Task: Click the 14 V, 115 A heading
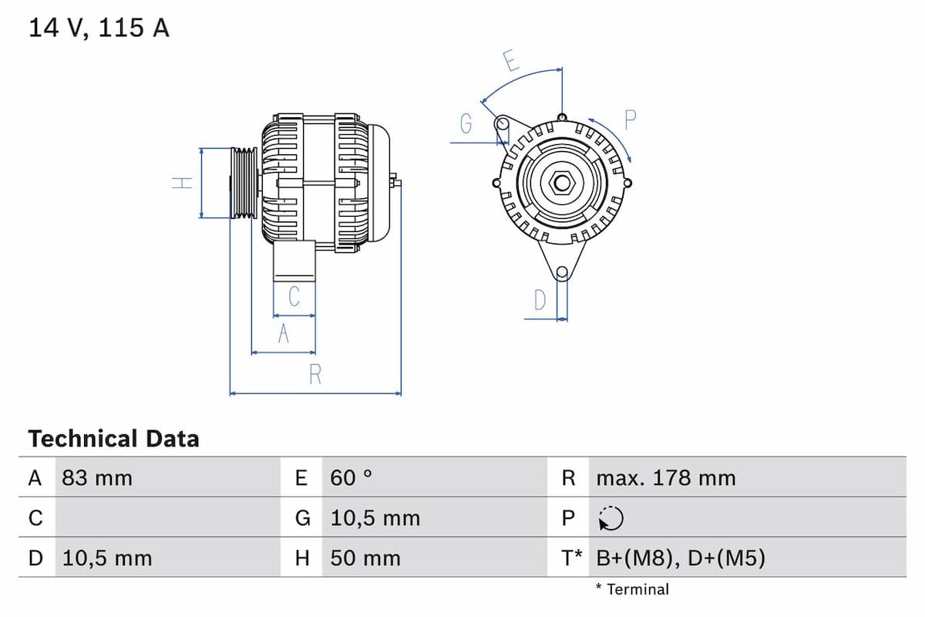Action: point(99,29)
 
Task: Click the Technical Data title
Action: point(113,439)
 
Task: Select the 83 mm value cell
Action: point(97,478)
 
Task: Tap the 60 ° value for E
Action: point(351,478)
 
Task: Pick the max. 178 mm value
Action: point(666,478)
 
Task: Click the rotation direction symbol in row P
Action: point(610,519)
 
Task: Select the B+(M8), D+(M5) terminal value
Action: point(681,558)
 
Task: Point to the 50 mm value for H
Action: point(365,558)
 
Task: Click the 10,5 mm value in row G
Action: point(375,518)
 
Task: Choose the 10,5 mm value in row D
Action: point(107,558)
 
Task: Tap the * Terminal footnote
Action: point(632,590)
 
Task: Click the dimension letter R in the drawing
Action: point(315,375)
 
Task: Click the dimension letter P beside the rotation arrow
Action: point(631,120)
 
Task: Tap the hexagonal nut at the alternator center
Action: point(562,183)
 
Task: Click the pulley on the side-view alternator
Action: point(244,183)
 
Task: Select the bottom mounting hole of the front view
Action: point(562,272)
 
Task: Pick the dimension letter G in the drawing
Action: point(466,123)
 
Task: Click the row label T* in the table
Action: point(571,558)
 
